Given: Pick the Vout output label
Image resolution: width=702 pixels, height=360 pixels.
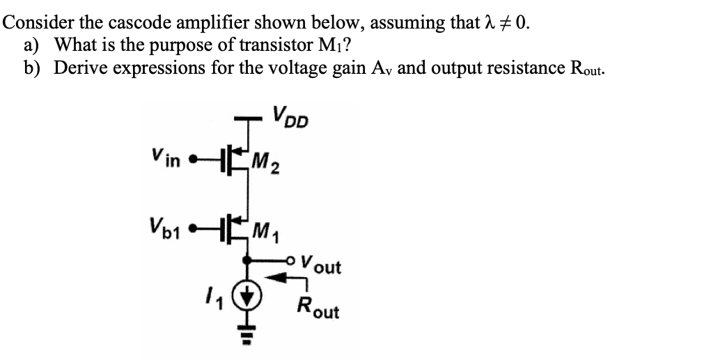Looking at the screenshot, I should coord(322,265).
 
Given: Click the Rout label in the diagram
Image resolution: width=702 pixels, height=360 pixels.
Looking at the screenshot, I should coord(317,307).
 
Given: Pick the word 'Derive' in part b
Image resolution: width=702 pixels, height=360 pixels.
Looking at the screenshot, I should coord(79,68).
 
